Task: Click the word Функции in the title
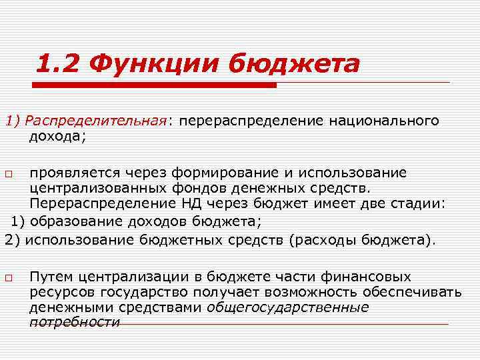pyautogui.click(x=157, y=65)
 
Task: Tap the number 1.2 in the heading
pyautogui.click(x=59, y=65)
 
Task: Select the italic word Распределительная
pyautogui.click(x=97, y=121)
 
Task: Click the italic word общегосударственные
pyautogui.click(x=288, y=307)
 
